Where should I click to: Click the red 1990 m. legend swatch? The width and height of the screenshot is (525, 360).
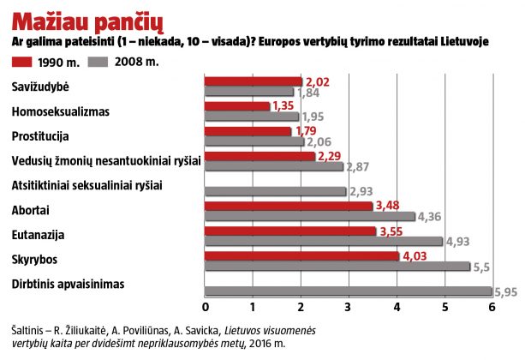pos(33,62)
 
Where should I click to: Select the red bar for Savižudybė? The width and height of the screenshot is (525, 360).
pos(253,81)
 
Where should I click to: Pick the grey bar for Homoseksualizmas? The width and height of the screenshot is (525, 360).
pos(251,117)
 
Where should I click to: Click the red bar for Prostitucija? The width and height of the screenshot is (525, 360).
pos(248,131)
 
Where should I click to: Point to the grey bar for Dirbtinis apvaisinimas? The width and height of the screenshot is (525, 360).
pos(348,291)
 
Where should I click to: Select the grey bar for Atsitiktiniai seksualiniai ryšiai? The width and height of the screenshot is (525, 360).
pos(275,191)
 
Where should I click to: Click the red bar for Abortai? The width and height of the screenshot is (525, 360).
pos(288,206)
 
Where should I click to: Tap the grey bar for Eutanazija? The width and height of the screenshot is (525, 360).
pos(323,241)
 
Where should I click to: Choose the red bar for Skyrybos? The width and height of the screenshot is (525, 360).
pos(301,255)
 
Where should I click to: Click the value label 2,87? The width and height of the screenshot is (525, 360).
pos(357,166)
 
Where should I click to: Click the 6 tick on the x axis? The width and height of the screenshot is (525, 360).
pos(492,307)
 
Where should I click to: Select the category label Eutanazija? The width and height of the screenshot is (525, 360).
pos(39,233)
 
